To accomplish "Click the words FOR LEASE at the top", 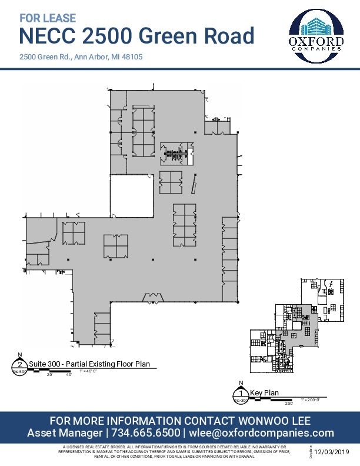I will point(48,19).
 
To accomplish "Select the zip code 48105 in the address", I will point(132,58).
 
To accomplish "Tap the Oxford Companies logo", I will point(316,37).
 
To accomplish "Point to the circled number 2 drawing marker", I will point(21,366).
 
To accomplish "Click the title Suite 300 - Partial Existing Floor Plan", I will point(85,364).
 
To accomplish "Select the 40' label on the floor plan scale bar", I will point(69,375).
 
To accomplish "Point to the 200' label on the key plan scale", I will point(289,404).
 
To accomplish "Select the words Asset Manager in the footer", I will point(65,432).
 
